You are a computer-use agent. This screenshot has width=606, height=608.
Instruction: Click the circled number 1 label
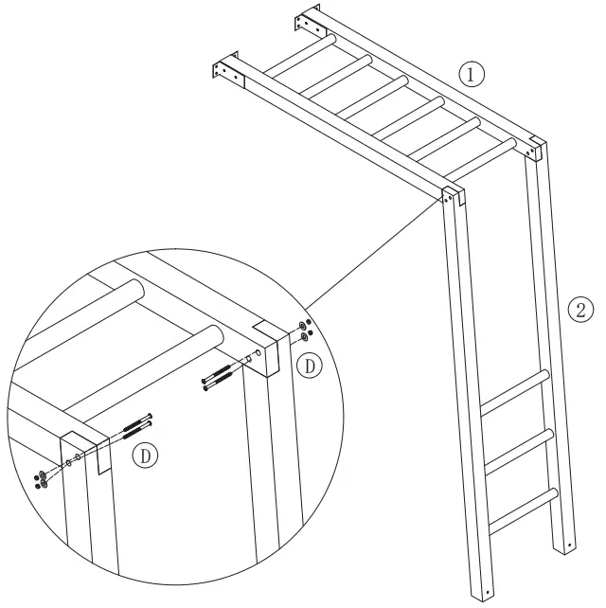pos(472,74)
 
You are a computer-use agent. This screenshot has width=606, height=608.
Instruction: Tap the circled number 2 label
pos(580,310)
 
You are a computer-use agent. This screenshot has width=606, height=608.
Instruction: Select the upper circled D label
pos(309,366)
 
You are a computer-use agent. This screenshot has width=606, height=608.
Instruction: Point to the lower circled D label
pos(146,456)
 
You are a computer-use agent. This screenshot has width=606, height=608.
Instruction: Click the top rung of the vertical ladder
pos(515,392)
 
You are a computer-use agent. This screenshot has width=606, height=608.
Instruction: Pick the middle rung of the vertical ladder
pos(518,451)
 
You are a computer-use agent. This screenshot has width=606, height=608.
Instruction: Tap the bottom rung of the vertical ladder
pos(523,511)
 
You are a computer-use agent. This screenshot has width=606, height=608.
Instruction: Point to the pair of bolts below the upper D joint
pos(219,378)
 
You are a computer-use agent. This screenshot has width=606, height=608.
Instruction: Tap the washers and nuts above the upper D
pos(305,331)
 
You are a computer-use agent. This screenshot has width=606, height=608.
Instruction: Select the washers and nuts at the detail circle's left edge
pos(41,480)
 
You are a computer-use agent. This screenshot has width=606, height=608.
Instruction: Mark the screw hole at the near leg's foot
pos(488,592)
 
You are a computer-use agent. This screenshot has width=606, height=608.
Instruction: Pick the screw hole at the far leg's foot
pos(569,545)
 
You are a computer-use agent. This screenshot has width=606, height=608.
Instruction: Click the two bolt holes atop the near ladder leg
pos(448,199)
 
